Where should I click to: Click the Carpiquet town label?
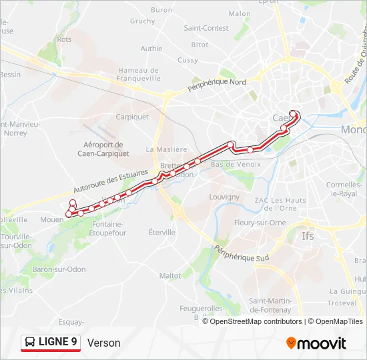(x=132, y=117)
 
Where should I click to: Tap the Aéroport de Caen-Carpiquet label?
(x=103, y=149)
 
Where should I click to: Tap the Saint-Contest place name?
(x=206, y=28)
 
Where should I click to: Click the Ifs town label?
(x=308, y=236)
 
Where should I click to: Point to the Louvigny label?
(x=224, y=197)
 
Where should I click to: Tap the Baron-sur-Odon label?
(x=59, y=269)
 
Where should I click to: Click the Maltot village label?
(x=170, y=275)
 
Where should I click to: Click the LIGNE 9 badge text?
(x=58, y=342)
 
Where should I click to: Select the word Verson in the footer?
(x=103, y=343)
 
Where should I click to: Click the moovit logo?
(x=316, y=343)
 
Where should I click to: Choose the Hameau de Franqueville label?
(x=139, y=74)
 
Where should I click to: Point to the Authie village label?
(x=151, y=49)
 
